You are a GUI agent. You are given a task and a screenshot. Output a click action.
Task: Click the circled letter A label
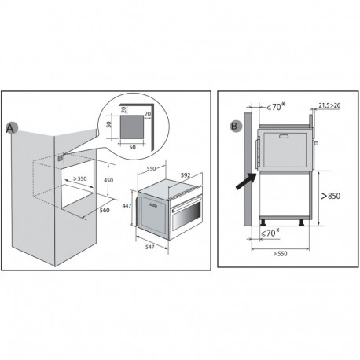pyautogui.click(x=10, y=127)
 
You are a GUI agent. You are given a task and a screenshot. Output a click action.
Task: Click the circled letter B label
pyautogui.click(x=233, y=124)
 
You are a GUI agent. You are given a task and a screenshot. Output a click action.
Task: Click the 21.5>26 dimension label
pyautogui.click(x=330, y=103)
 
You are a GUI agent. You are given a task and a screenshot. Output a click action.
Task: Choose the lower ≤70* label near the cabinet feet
pyautogui.click(x=271, y=233)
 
